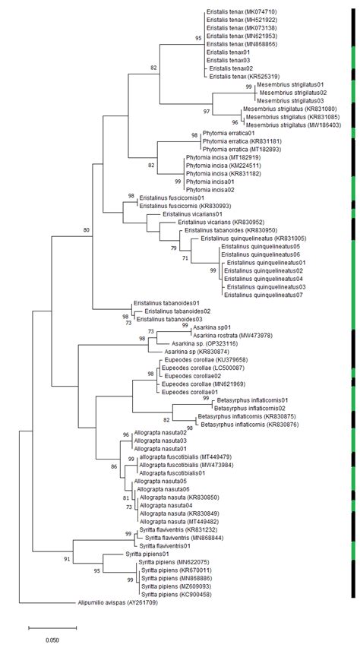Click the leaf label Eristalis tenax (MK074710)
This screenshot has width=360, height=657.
(242, 12)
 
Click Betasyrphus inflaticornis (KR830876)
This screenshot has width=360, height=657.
(240, 425)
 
